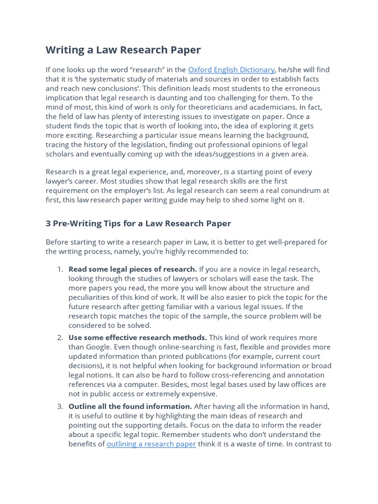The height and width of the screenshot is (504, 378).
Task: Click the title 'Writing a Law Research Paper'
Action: pos(123,50)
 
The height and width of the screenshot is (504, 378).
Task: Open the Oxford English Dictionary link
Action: pos(231,70)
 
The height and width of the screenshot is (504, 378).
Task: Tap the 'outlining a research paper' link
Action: pos(151,444)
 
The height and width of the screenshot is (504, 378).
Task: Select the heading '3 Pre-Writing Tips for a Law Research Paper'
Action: pos(138,223)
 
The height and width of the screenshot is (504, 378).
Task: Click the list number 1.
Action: pos(60,269)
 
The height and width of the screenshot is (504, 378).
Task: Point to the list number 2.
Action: pos(60,338)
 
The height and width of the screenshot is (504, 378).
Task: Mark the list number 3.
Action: pos(60,407)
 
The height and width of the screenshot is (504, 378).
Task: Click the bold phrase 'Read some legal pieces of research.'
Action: pos(132,269)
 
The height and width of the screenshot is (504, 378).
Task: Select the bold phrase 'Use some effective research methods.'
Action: pos(137,338)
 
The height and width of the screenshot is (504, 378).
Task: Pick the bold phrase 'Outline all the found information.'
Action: pos(130,407)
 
